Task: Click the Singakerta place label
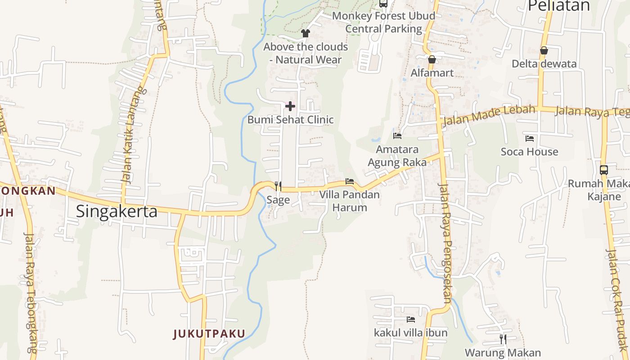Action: pos(117,211)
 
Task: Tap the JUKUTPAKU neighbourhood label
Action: pos(209,333)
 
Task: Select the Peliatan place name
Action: pos(558,6)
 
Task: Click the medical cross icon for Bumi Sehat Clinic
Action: pos(290,106)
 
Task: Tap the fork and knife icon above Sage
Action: pos(278,186)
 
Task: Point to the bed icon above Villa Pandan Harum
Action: pos(350,181)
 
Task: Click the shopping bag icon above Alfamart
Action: pos(432,59)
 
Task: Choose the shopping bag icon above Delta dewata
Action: pos(544,50)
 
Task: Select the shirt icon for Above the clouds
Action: pos(306,33)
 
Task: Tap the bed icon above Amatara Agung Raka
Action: pos(397,135)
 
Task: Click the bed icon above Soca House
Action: pos(530,139)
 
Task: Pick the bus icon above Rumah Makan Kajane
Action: pos(604,170)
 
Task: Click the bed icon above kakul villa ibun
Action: pos(411,319)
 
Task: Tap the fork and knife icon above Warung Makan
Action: pos(503,339)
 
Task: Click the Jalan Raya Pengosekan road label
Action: pos(445,243)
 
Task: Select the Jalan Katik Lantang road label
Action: pos(130,135)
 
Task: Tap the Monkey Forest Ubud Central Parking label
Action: pos(384,22)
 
